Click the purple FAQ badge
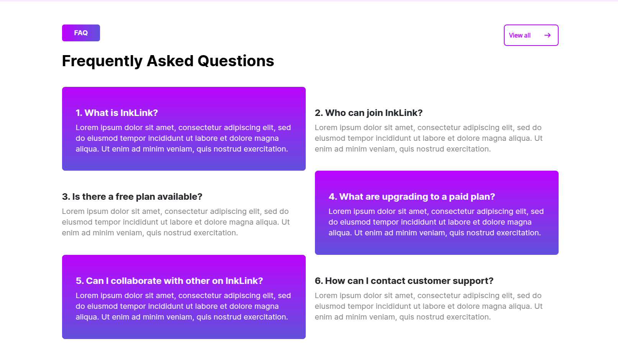[x=81, y=33]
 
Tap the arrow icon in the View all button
[x=548, y=35]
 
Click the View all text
[x=520, y=35]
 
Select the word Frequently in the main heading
[x=102, y=61]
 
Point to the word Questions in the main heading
[x=236, y=61]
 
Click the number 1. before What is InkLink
[x=79, y=113]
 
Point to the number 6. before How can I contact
[x=319, y=281]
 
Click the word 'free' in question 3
[x=124, y=196]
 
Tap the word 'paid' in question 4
[x=457, y=196]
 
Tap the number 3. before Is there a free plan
[x=66, y=196]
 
